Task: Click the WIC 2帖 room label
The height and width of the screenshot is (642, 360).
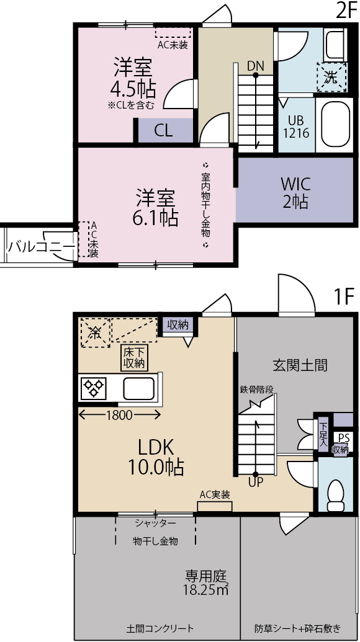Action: [x=295, y=192]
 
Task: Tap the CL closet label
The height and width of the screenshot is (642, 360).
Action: [x=163, y=131]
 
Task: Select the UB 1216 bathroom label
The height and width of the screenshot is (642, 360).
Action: [x=298, y=127]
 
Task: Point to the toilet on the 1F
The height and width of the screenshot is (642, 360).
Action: [x=336, y=494]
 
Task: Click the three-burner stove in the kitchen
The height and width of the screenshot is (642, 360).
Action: [x=94, y=388]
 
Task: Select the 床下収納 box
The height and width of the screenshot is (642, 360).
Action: [x=134, y=357]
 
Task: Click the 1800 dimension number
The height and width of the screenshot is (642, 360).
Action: [x=119, y=415]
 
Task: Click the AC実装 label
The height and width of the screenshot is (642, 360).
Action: [x=214, y=494]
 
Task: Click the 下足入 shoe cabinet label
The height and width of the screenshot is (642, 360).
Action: [x=323, y=434]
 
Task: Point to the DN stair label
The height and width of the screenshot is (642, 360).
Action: [x=255, y=66]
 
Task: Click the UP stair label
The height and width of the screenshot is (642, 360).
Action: [x=255, y=483]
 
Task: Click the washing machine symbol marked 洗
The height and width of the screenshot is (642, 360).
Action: [x=331, y=77]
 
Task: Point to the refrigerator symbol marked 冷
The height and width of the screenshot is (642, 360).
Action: [x=94, y=332]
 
